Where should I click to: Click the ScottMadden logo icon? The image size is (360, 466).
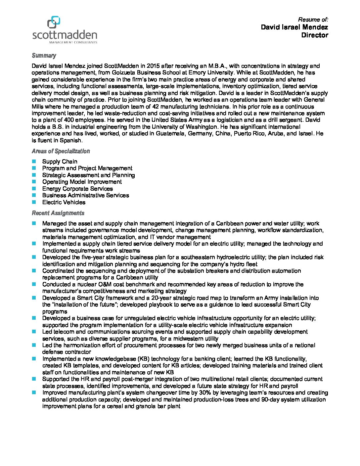54,23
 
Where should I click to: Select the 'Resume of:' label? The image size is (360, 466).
313,20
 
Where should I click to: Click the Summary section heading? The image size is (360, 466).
44,56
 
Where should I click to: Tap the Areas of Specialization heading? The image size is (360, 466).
61,151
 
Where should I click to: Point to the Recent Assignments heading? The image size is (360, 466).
58,213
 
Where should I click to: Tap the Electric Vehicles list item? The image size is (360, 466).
64,202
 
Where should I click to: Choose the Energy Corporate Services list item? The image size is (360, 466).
77,189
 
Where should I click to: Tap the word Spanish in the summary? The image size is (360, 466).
70,140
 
